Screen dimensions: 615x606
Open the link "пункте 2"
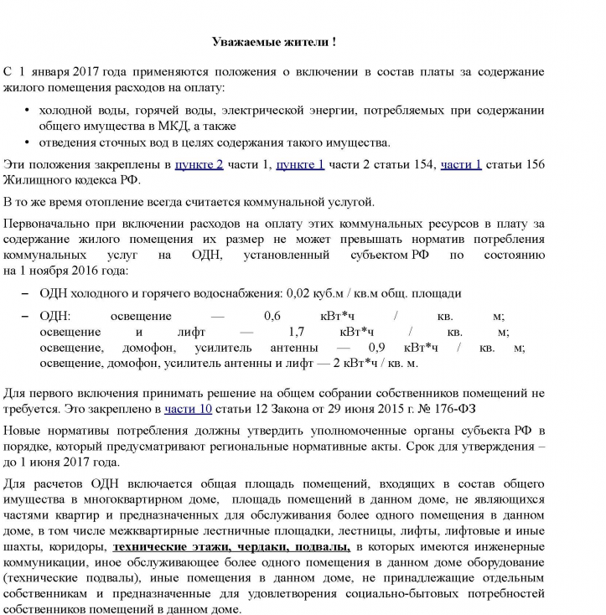[199, 164]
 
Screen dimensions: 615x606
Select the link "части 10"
[188, 410]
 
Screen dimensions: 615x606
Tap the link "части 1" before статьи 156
[461, 164]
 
